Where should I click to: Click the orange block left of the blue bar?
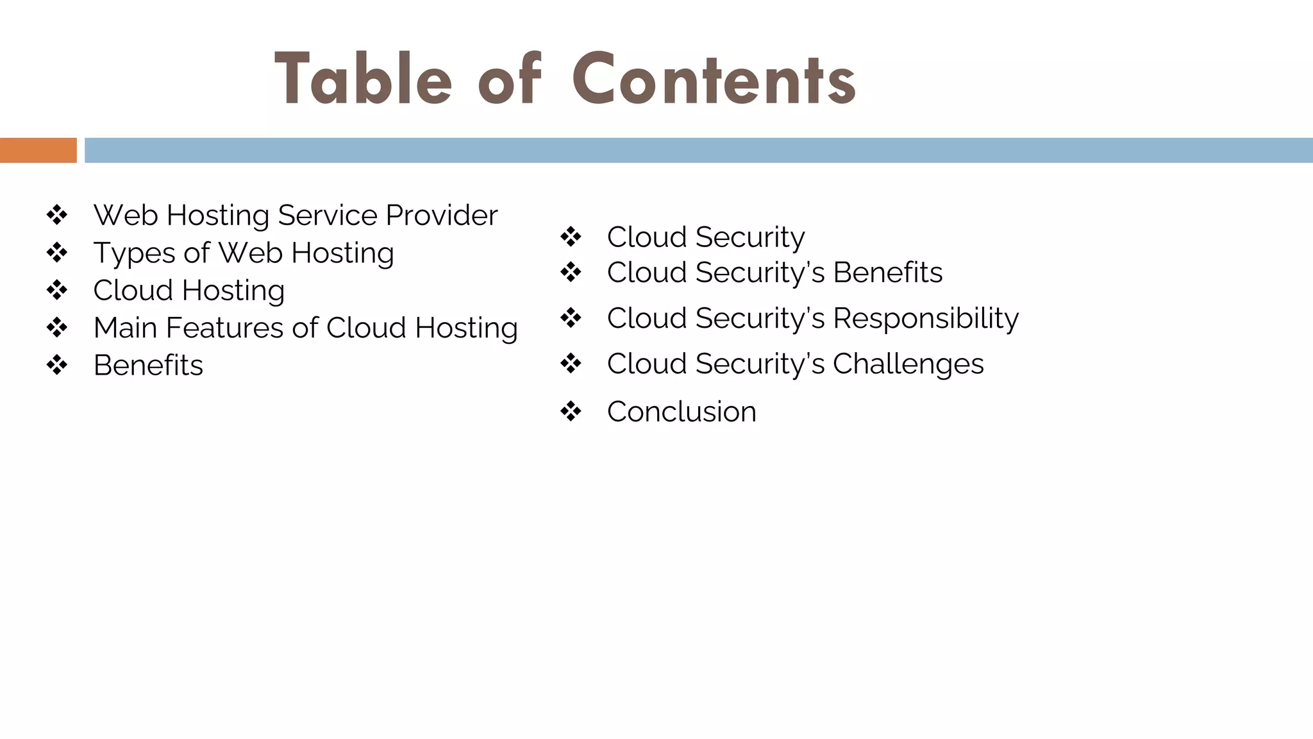pyautogui.click(x=38, y=150)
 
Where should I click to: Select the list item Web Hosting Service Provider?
pyautogui.click(x=295, y=215)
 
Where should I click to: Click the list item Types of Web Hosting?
pyautogui.click(x=243, y=253)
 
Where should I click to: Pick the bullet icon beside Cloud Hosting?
pyautogui.click(x=57, y=290)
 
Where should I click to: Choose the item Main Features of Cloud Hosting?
pyautogui.click(x=305, y=328)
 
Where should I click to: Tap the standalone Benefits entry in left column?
pyautogui.click(x=148, y=365)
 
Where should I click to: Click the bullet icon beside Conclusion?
pyautogui.click(x=571, y=411)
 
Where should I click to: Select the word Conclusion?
pyautogui.click(x=682, y=411)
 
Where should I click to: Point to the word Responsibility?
pyautogui.click(x=925, y=318)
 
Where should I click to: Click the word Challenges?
pyautogui.click(x=908, y=364)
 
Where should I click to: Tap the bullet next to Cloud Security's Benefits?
pyautogui.click(x=571, y=272)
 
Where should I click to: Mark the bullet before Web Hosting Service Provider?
pyautogui.click(x=57, y=215)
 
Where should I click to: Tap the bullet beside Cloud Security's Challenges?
pyautogui.click(x=571, y=364)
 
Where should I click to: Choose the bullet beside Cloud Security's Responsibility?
pyautogui.click(x=571, y=318)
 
